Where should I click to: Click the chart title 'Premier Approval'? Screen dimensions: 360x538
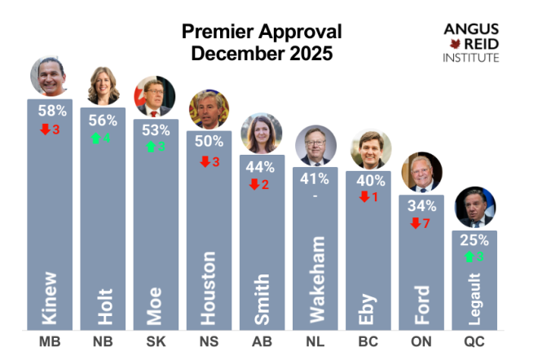pos(261,33)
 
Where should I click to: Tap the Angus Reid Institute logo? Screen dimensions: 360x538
pos(471,41)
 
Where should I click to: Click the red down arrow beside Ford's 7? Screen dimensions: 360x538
pos(415,222)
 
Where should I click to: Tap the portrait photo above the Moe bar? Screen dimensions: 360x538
pos(156,97)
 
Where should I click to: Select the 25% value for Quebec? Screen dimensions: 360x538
pos(474,240)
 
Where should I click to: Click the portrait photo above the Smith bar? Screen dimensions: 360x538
pos(262,133)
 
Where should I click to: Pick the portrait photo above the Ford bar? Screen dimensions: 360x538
pos(421,173)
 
